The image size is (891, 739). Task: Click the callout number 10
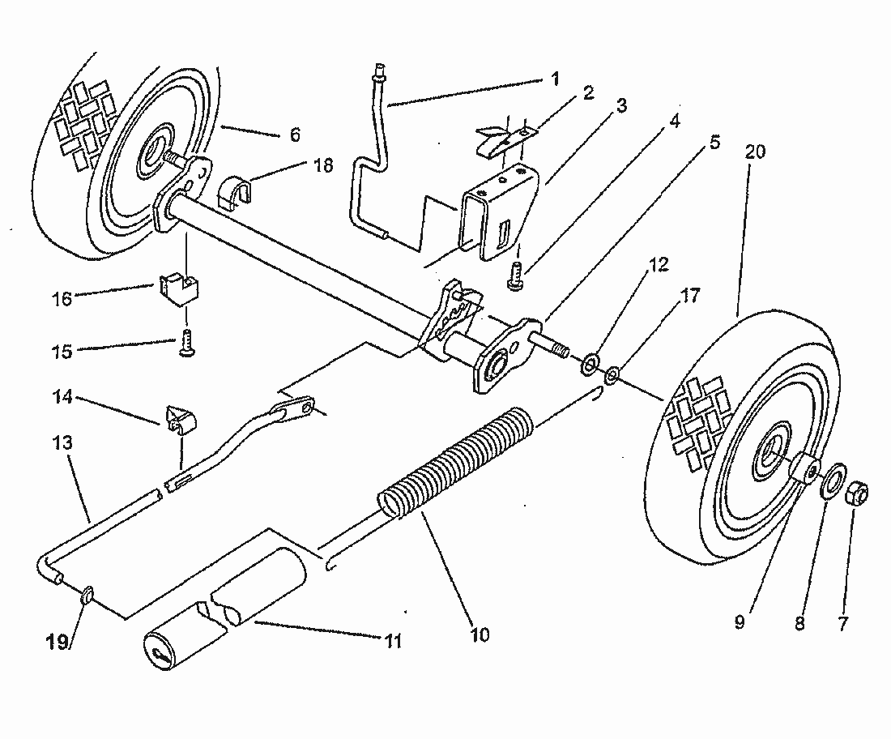[x=479, y=634]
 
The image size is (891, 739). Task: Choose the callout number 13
[x=64, y=444]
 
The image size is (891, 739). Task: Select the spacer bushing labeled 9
[x=806, y=469]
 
